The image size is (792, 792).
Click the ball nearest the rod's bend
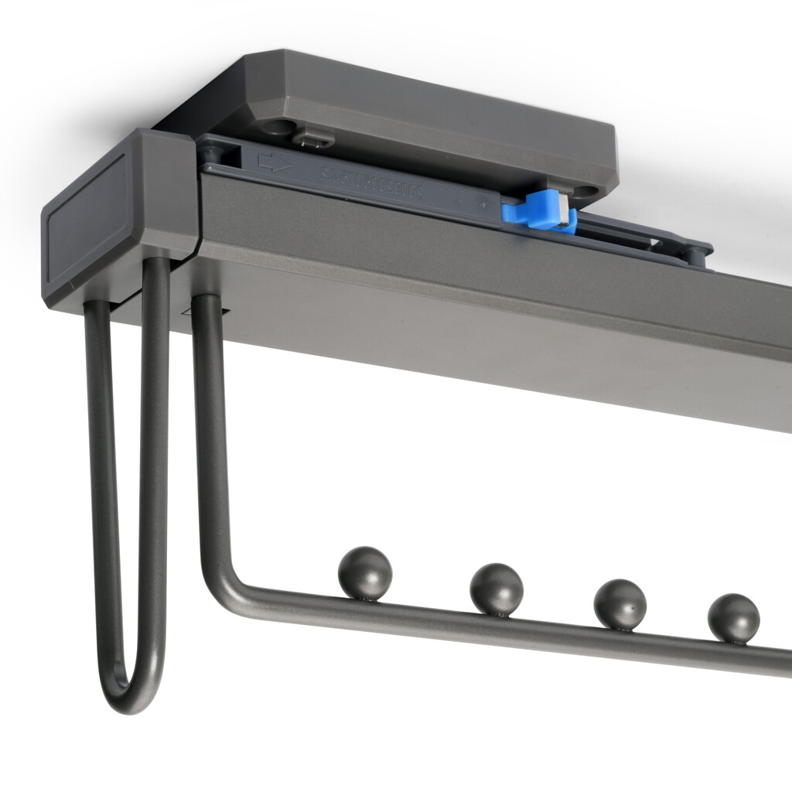365,572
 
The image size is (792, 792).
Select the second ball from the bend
497,588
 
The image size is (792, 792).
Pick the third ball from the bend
620,604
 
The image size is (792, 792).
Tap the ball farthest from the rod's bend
733,617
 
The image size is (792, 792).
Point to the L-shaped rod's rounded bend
220,584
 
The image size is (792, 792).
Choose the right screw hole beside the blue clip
586,190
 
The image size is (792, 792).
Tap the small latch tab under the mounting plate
314,140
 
